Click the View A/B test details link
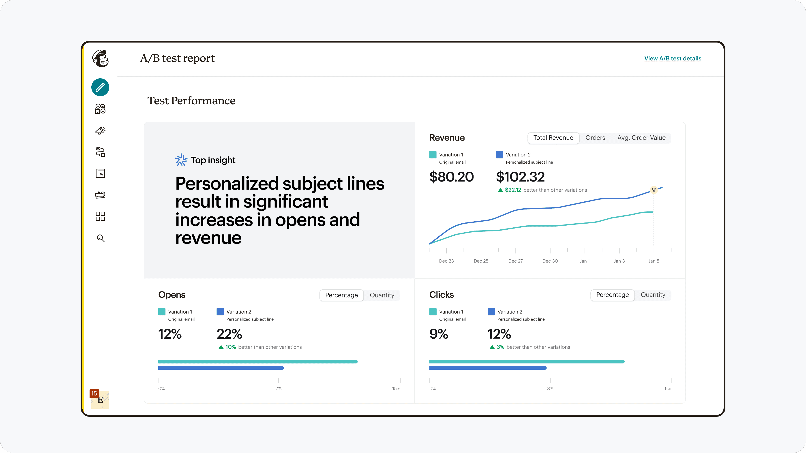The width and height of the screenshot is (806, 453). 673,58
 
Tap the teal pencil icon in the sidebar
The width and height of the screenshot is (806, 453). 100,87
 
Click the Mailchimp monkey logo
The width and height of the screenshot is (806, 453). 100,58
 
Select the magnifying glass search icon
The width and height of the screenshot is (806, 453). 100,238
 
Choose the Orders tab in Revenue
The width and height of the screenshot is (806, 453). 595,138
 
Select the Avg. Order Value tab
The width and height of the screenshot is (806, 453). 641,138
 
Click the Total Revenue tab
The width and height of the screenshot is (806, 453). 553,138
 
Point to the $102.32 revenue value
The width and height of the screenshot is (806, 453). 520,177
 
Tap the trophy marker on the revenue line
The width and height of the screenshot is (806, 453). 654,190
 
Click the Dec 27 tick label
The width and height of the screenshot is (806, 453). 516,261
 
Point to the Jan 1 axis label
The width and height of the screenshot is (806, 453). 585,261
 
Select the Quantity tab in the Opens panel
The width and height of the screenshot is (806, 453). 382,295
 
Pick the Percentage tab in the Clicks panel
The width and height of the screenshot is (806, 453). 612,295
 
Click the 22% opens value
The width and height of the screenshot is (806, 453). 229,334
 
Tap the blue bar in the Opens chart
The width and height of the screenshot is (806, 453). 221,368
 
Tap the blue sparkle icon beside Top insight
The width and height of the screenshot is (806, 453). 181,160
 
